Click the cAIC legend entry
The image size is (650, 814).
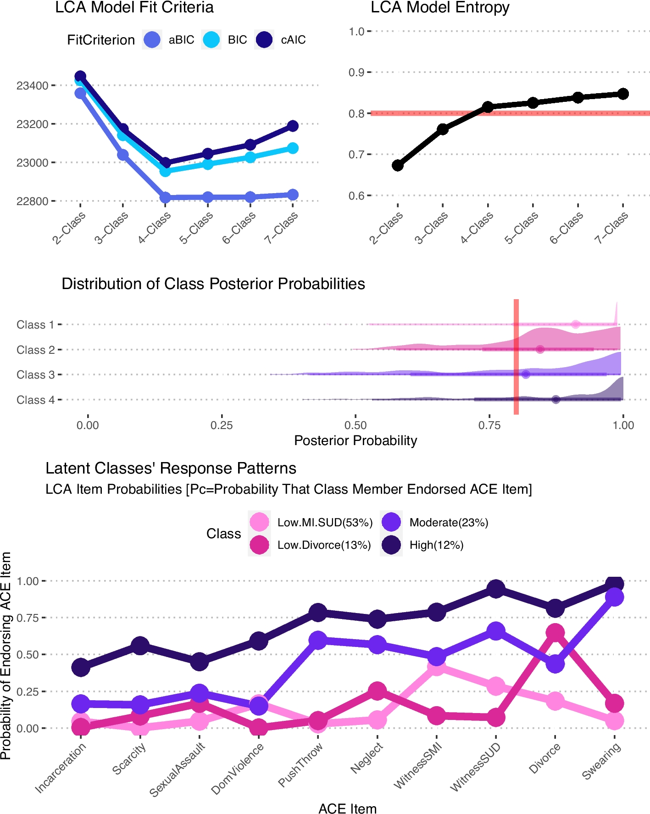tap(280, 40)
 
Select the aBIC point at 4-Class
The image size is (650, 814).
tap(165, 198)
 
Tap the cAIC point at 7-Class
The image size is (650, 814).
tap(293, 126)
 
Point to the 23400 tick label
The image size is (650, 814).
tap(32, 86)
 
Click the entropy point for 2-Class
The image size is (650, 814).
tap(398, 165)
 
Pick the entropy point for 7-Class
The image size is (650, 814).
tap(623, 94)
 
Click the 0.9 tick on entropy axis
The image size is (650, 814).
tap(356, 72)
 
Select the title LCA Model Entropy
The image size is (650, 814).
tap(440, 8)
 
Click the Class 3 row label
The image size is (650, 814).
tap(35, 375)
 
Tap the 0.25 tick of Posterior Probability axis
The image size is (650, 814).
tap(222, 425)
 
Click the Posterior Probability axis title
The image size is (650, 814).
tap(356, 440)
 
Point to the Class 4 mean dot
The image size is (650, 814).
tap(556, 400)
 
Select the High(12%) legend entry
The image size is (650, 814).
tap(422, 545)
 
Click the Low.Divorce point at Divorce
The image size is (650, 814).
tap(555, 633)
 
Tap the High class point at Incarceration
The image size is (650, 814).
tap(81, 667)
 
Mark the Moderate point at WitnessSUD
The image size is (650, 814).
tap(496, 631)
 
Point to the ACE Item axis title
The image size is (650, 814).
tap(347, 808)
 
